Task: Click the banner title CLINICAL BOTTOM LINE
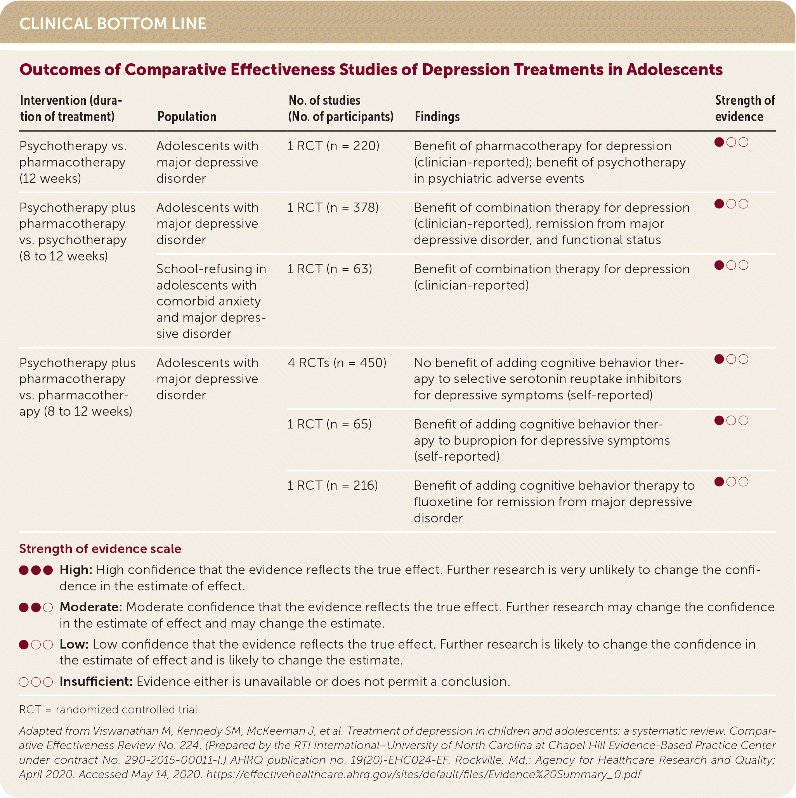coord(113,24)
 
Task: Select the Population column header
coord(187,116)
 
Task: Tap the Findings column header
coord(437,116)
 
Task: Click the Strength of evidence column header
coord(744,108)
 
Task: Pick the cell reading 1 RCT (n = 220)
coord(333,146)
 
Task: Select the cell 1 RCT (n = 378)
coord(333,207)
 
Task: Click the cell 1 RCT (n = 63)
coord(329,269)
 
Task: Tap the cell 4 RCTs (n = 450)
coord(336,363)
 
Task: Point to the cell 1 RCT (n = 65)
coord(329,424)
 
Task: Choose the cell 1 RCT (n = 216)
coord(333,485)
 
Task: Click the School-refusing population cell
coord(211,301)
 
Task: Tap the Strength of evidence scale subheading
coord(100,548)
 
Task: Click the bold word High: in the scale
coord(76,570)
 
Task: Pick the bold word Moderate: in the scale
coord(91,607)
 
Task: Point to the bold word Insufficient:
coord(96,682)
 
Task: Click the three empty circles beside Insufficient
coord(36,682)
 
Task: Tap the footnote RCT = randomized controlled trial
coord(109,710)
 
